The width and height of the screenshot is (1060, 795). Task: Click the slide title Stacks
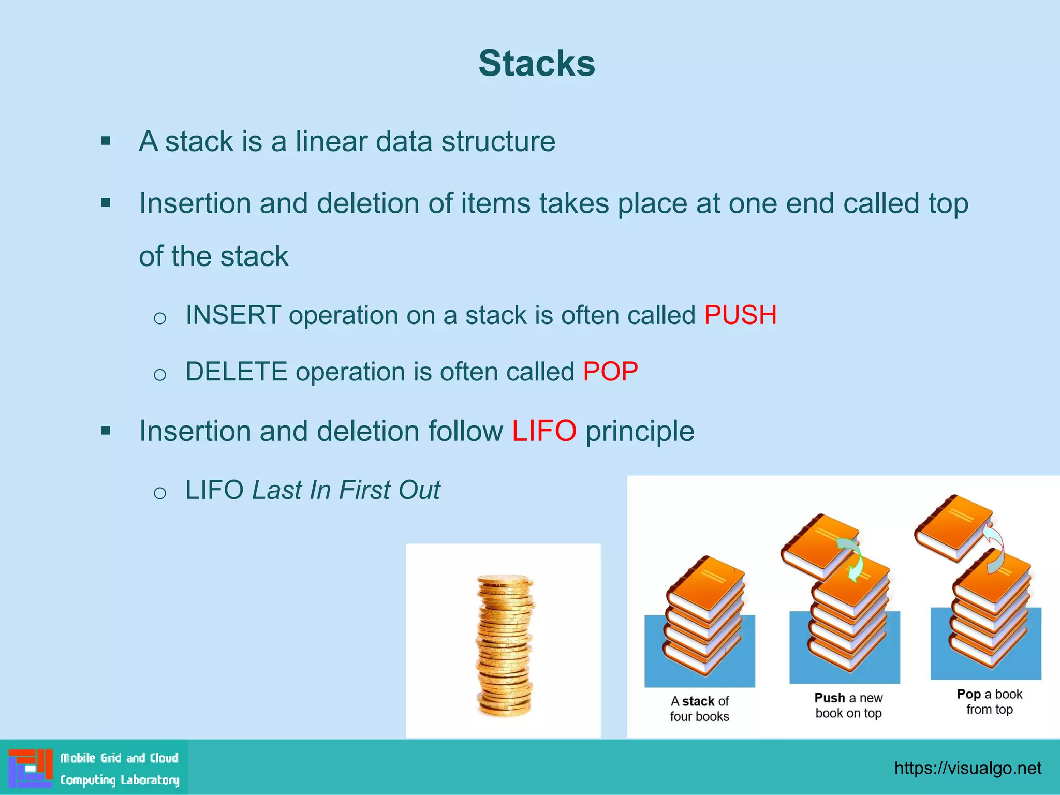point(537,64)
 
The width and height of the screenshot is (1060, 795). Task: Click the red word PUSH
point(740,315)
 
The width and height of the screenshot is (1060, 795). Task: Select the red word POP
point(610,371)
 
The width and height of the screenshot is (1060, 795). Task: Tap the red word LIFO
point(544,431)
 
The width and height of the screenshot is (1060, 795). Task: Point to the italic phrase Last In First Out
point(346,490)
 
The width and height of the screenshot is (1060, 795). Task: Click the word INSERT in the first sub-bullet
point(233,315)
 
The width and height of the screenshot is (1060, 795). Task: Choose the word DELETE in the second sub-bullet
point(236,371)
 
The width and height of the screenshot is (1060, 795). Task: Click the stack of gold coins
point(504,644)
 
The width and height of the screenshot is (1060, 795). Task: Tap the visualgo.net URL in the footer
point(967,768)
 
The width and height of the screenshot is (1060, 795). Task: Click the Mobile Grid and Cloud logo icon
point(31,768)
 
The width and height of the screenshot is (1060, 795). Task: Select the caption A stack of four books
point(699,709)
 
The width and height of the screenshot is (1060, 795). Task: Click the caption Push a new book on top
point(848,705)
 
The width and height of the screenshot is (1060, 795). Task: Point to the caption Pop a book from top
point(989,701)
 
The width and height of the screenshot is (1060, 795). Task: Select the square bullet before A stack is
point(106,141)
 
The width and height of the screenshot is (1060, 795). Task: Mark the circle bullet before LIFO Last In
point(160,492)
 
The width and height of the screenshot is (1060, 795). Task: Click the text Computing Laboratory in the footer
point(120,779)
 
